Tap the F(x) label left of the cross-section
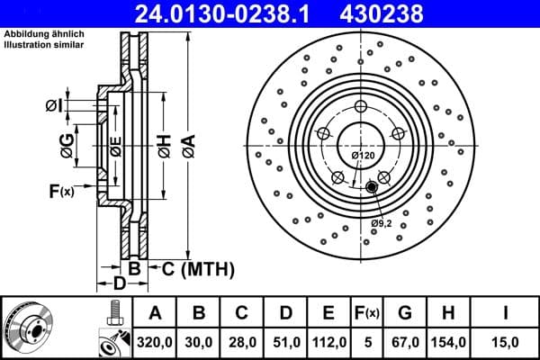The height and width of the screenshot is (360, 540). (61, 191)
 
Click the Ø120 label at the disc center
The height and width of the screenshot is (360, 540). (363, 156)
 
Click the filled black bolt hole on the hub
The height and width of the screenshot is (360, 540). (371, 186)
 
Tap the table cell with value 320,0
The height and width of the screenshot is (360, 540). (156, 340)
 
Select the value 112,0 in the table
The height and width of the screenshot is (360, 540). (328, 340)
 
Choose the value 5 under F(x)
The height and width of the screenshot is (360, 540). (366, 340)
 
